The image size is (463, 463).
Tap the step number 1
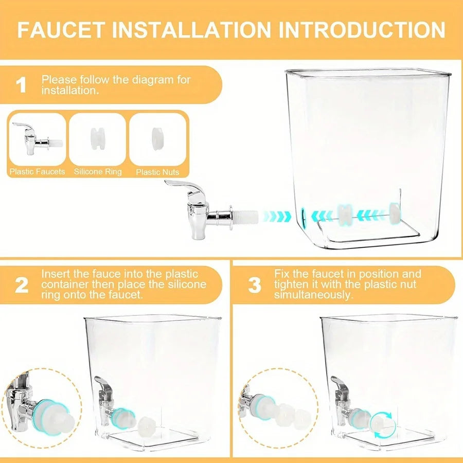coord(21,85)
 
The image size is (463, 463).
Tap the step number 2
coord(21,285)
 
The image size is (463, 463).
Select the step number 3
coord(255,285)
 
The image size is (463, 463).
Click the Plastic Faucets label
coord(37,172)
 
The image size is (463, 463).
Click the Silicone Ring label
coord(98,172)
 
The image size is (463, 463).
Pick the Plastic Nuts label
coord(157,172)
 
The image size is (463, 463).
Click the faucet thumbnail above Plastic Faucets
coord(35,138)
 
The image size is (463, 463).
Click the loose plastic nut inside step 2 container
coord(146,425)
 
